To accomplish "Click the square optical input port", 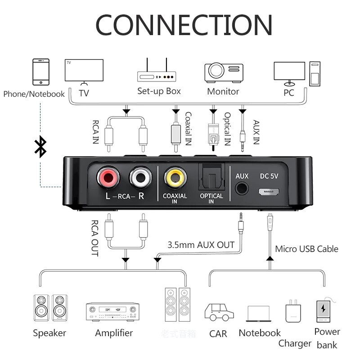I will (211, 177).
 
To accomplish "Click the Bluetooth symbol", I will (41, 147).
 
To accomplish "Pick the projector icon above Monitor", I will (224, 72).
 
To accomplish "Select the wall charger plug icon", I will (292, 311).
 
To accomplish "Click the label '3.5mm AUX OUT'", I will (201, 245).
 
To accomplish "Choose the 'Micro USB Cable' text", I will (306, 249).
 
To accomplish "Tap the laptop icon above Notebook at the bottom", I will (259, 313).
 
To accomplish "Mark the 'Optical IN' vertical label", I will (227, 129).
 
